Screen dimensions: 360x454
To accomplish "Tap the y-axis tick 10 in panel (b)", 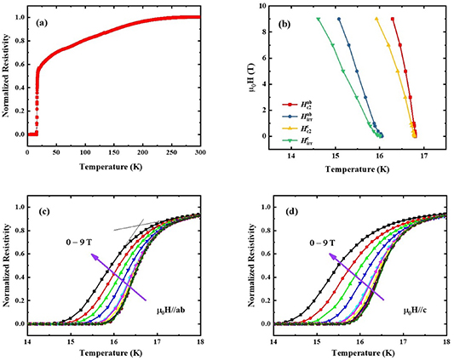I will click(x=260, y=6).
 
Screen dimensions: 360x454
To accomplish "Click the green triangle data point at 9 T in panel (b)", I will click(x=318, y=19).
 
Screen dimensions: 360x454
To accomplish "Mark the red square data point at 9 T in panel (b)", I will click(x=392, y=19).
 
